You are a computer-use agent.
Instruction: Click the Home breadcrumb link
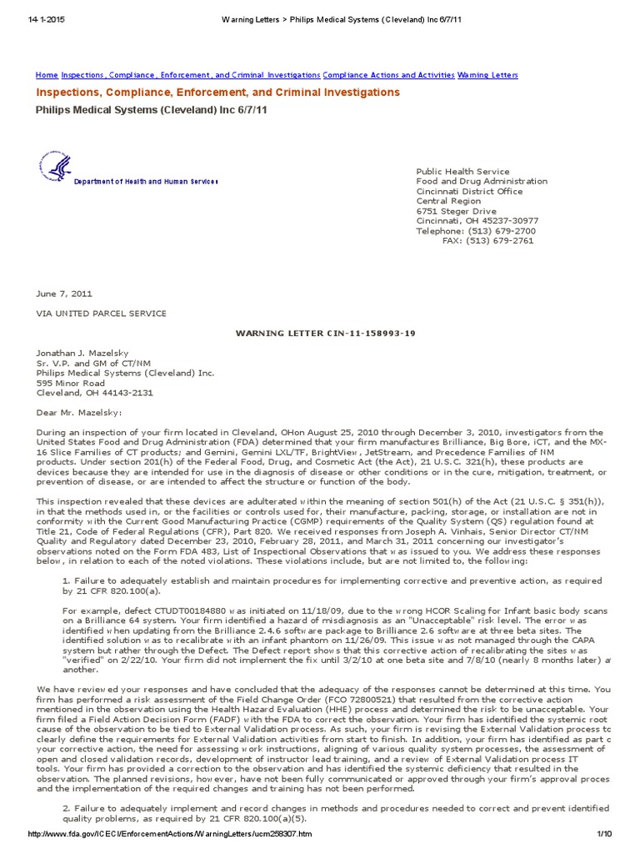[47, 75]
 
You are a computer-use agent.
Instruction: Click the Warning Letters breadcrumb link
[487, 75]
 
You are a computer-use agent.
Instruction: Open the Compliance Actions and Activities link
[388, 75]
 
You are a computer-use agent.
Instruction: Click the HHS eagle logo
[53, 168]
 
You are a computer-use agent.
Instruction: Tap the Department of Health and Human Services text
[146, 182]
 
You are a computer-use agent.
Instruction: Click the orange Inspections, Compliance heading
[217, 93]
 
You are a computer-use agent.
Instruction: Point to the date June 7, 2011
[64, 294]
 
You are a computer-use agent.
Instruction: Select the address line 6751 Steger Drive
[456, 211]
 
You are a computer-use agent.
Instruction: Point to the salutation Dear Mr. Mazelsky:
[78, 413]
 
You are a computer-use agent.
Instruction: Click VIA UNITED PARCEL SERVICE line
[101, 314]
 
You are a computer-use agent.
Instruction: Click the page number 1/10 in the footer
[604, 835]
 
